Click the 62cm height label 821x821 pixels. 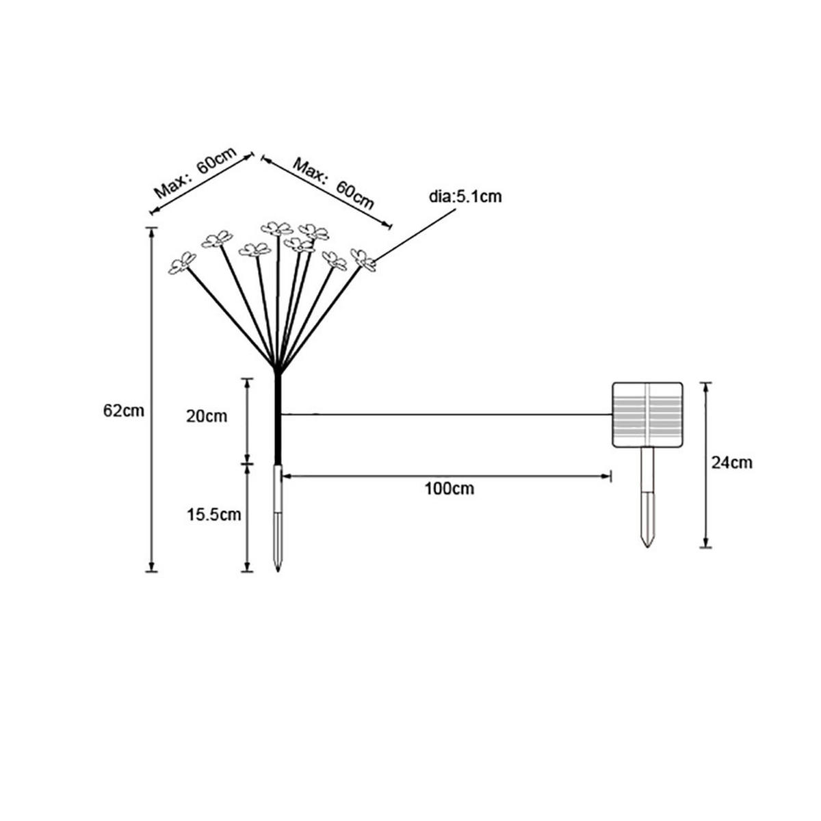click(124, 411)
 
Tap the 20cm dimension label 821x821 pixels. click(207, 416)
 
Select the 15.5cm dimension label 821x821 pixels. click(214, 514)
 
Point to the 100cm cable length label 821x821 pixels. click(448, 488)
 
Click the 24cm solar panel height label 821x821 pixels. click(731, 462)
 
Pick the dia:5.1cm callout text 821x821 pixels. click(465, 198)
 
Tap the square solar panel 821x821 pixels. click(647, 415)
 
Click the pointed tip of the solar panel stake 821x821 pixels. click(647, 547)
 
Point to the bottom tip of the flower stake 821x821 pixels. click(277, 569)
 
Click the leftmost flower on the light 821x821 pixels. click(182, 263)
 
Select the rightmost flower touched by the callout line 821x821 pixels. click(363, 260)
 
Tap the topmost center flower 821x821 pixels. click(277, 228)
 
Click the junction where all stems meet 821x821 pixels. click(277, 369)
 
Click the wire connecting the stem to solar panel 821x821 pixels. click(445, 414)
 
